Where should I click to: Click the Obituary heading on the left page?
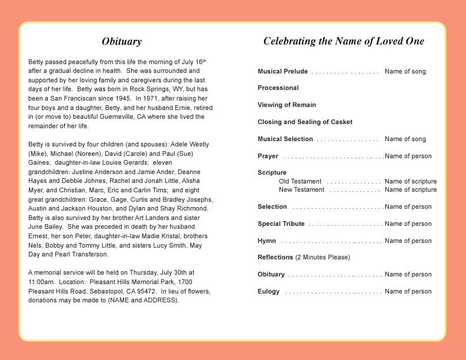(122, 42)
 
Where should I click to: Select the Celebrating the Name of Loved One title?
(344, 41)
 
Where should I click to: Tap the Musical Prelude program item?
(282, 72)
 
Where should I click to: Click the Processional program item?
(278, 88)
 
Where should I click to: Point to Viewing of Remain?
(287, 105)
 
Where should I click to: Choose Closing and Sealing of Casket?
(305, 122)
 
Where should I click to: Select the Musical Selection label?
(285, 139)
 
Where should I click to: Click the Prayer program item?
(268, 156)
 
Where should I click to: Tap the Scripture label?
(272, 173)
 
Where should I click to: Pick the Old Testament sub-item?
(300, 182)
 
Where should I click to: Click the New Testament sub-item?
(301, 190)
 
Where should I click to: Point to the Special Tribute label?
(281, 224)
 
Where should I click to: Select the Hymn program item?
(267, 241)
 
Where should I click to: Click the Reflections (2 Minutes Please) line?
(304, 258)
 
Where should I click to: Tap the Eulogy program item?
(269, 292)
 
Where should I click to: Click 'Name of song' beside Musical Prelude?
(405, 72)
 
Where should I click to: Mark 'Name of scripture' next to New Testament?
(411, 190)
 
